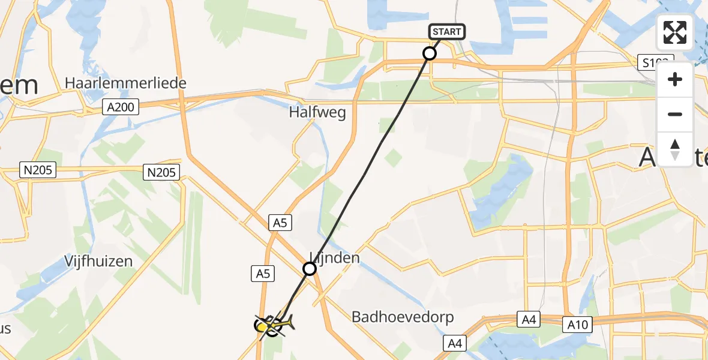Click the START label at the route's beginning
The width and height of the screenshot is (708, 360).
447,32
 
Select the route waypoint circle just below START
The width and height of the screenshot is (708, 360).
430,53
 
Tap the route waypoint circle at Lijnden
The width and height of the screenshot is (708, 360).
310,269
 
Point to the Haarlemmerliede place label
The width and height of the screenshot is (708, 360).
125,83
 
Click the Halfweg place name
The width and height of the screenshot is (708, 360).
317,112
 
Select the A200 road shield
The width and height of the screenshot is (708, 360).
120,107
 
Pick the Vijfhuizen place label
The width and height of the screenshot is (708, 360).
98,262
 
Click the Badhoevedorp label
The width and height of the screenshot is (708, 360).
403,317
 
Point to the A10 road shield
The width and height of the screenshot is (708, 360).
577,325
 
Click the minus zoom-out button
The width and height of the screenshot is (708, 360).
675,114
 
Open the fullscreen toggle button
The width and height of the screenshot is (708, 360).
675,32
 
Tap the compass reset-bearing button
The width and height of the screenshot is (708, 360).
675,149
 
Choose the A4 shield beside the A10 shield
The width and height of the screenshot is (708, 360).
529,320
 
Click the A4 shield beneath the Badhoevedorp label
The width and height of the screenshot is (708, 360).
454,343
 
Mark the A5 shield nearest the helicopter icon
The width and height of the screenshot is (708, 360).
263,274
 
